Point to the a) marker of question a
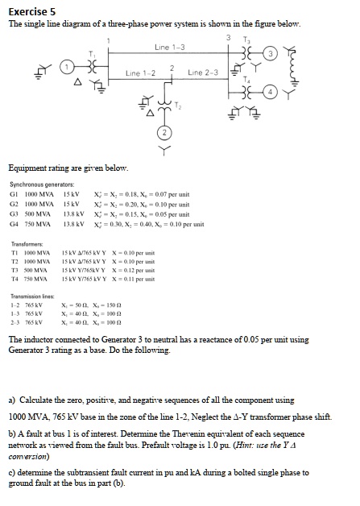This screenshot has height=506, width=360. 12,400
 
